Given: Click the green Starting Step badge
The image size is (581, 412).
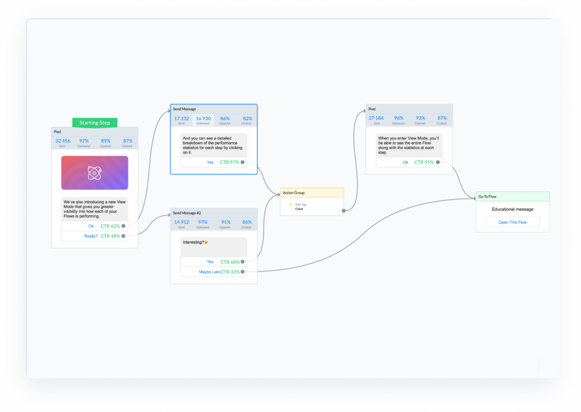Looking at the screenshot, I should [94, 122].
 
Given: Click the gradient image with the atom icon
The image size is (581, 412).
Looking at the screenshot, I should [94, 173].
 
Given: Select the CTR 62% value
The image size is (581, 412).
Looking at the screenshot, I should [110, 226].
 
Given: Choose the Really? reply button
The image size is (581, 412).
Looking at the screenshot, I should [90, 236].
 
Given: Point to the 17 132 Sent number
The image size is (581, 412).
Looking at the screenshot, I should [182, 118].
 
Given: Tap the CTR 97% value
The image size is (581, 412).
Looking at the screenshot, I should [229, 162].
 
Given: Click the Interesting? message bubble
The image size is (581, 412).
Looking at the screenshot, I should [214, 246].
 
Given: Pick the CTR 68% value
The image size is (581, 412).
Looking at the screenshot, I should [229, 262].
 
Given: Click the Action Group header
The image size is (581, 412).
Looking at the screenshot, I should [311, 193].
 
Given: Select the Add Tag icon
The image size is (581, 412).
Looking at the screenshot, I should [290, 205].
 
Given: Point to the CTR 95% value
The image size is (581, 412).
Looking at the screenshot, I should [424, 162].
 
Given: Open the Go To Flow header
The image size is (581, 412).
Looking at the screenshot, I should [512, 197].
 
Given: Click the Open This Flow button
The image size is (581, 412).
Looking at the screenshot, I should [512, 222].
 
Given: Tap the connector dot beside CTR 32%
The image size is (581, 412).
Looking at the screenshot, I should [243, 272].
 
